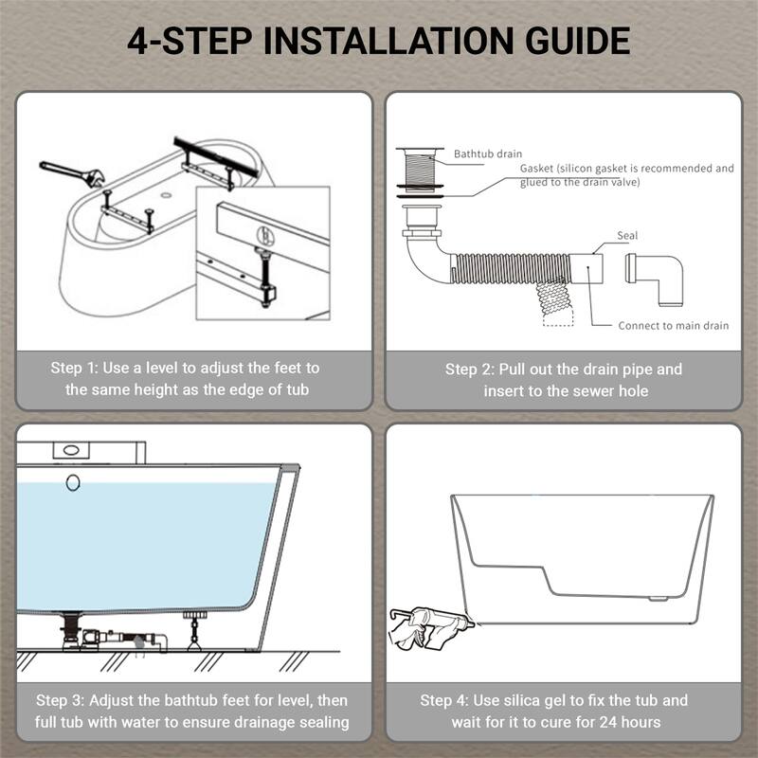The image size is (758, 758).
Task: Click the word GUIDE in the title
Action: point(578,41)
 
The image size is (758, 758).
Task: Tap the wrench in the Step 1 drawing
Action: point(72,174)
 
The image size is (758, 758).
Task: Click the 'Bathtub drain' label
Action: point(488,153)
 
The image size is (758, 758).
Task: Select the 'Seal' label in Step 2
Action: point(627,235)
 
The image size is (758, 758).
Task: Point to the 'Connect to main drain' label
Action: point(674,325)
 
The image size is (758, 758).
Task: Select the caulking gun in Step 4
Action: point(431,625)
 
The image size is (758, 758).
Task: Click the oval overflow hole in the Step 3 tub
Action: point(73,482)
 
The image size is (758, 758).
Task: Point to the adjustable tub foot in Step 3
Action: point(195,631)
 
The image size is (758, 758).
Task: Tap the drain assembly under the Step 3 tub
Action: point(112,634)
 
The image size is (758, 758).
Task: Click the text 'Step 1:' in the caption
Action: point(74,368)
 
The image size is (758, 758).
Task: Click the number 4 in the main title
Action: point(136,41)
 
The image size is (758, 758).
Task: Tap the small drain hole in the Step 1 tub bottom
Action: point(167,195)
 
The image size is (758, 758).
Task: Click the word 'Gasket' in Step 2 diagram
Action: point(536,169)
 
